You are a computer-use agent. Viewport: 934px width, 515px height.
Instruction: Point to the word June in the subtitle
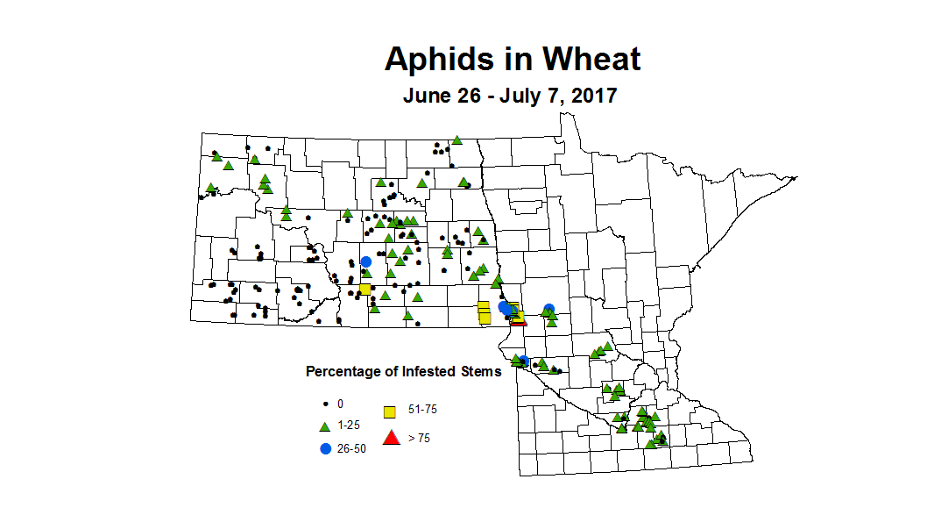point(428,96)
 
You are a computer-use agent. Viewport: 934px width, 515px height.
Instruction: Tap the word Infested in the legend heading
point(428,372)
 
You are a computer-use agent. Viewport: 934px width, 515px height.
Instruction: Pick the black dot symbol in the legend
point(324,404)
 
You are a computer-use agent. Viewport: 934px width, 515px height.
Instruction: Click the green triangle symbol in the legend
point(324,426)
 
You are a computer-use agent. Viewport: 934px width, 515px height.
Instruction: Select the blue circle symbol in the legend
point(325,448)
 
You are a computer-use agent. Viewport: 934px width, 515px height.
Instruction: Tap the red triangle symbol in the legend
point(392,437)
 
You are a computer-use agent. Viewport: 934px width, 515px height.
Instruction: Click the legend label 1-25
point(348,426)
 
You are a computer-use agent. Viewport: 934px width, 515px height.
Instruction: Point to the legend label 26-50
point(351,448)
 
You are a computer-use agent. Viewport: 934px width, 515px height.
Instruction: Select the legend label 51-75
point(422,410)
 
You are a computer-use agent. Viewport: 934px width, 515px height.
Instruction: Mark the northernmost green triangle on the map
point(456,139)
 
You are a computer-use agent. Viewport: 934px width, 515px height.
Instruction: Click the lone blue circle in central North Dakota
point(365,261)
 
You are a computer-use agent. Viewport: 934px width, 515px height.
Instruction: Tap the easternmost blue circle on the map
point(548,309)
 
